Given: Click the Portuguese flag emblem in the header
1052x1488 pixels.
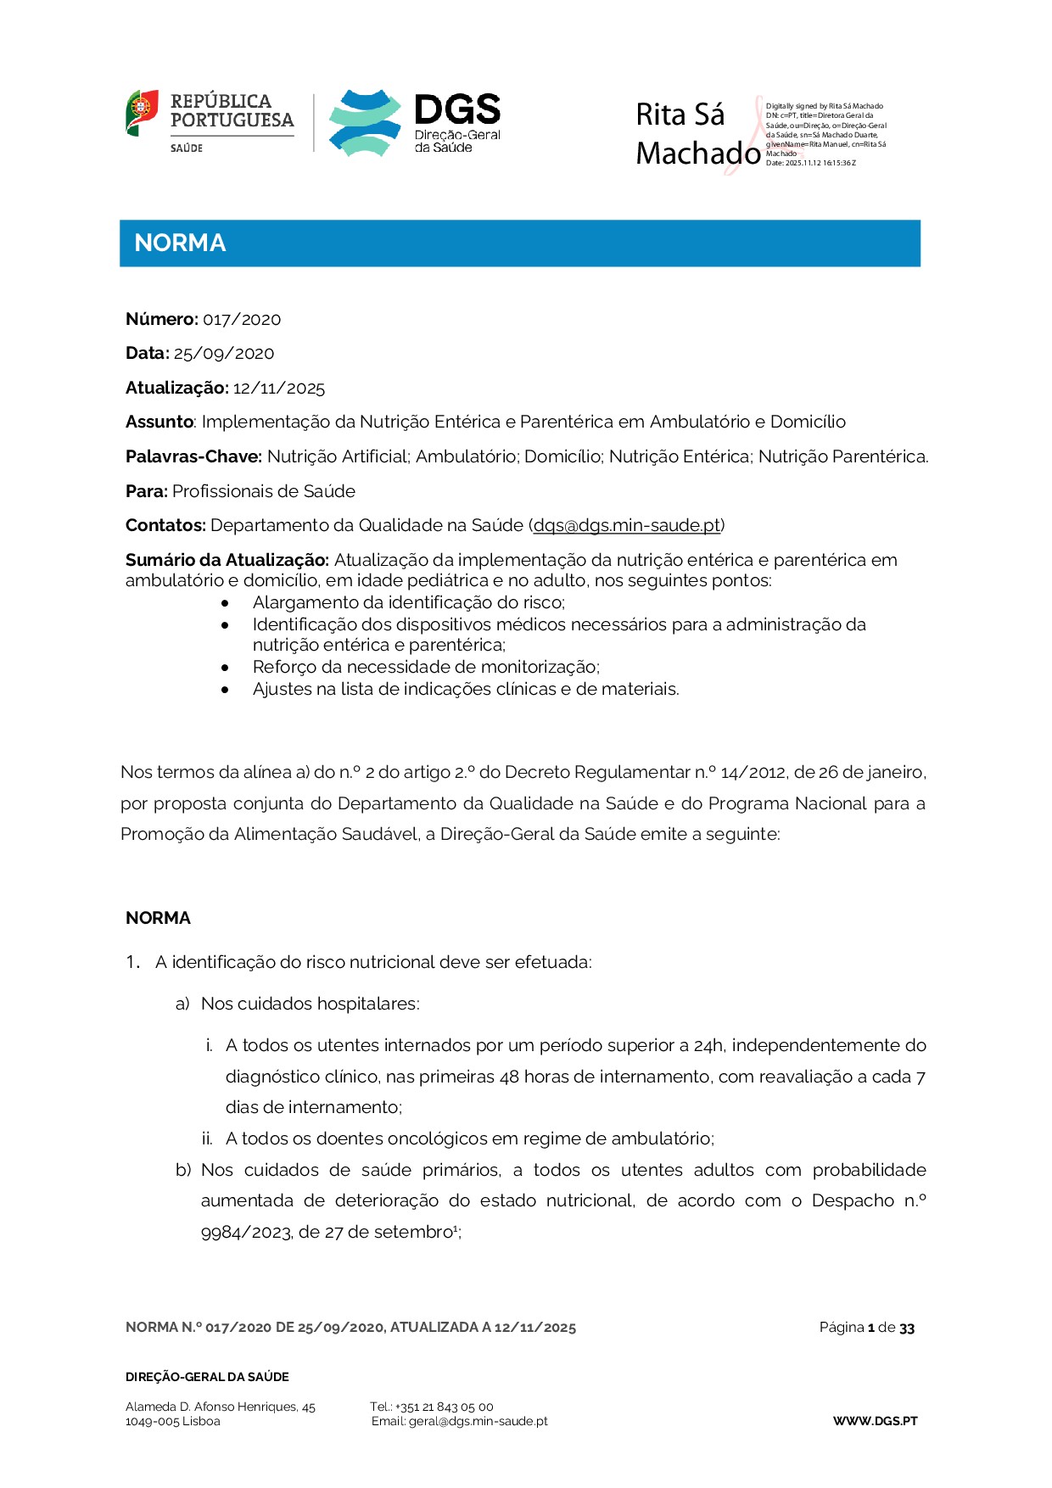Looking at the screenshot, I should point(142,112).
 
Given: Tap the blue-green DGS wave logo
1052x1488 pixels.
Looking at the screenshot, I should point(365,123).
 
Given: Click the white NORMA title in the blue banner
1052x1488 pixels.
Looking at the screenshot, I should point(180,243).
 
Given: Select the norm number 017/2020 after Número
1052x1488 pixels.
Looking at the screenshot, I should point(242,320).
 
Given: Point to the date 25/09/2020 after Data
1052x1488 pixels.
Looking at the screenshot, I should point(224,354).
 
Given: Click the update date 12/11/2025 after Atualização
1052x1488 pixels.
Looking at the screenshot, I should point(279,389).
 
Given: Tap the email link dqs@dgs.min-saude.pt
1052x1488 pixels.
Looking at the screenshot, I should point(627,526).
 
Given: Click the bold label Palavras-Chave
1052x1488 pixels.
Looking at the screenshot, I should point(193,457).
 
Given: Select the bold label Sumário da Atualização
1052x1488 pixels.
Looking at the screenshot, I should point(227,560).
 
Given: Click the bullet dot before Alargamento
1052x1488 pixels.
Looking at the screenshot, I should point(225,603).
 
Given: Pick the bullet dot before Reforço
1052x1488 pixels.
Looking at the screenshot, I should point(225,668).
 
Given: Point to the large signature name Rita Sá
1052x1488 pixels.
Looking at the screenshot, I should point(680,115).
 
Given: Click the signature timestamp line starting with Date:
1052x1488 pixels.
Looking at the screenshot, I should point(810,163).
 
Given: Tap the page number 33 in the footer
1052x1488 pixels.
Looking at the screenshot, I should point(907,1329).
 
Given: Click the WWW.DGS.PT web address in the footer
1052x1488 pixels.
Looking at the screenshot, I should point(875,1421).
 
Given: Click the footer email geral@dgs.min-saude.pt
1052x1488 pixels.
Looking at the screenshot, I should point(478,1421).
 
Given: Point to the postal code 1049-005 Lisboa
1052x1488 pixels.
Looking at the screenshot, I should point(172,1421).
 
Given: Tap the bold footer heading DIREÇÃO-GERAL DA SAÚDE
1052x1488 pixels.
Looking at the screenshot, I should point(207,1377).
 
